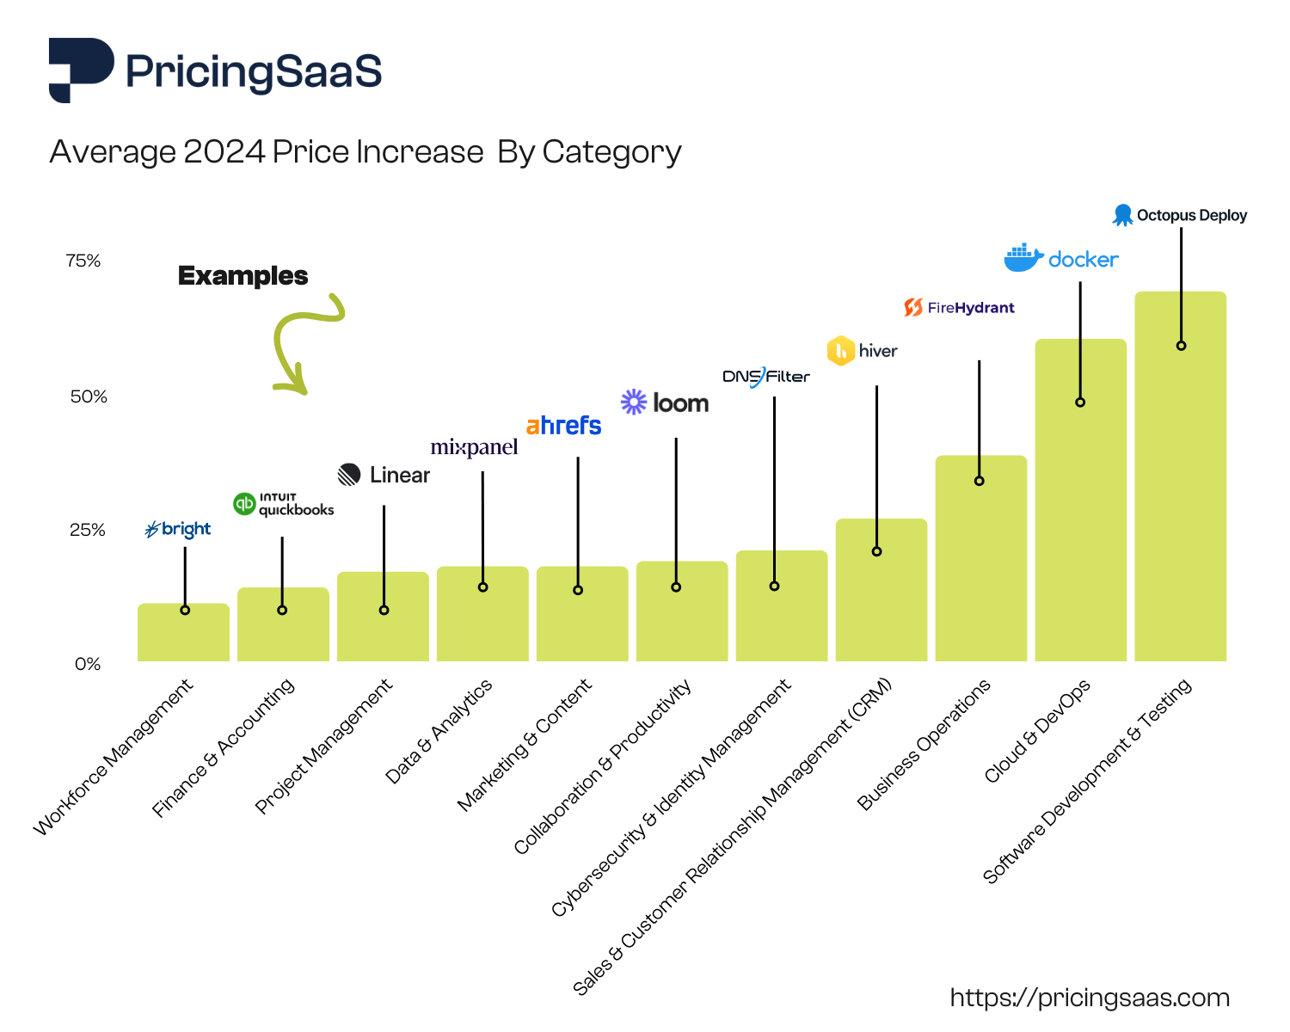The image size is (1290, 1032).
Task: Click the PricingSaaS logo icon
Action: coord(81,70)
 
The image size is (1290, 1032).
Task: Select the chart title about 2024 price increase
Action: coord(365,152)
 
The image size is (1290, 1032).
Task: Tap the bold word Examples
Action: coord(243,276)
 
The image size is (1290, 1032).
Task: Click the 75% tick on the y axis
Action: coord(83,261)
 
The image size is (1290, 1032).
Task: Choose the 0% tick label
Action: coord(87,664)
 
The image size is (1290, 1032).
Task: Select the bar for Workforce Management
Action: coord(183,633)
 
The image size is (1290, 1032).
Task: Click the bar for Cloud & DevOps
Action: coord(1080,516)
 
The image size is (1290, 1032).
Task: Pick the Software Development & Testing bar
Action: coord(1180,499)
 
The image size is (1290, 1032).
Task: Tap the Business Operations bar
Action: coord(980,568)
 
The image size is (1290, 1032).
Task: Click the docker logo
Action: coord(1061,258)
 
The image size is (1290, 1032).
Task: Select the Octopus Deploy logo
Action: coord(1180,215)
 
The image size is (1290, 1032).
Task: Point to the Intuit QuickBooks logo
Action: coord(283,504)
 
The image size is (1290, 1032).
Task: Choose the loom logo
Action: coord(665,402)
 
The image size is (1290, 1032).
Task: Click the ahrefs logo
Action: coord(563,426)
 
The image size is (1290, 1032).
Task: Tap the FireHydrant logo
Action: coord(959,308)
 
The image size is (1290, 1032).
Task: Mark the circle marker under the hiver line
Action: coord(876,551)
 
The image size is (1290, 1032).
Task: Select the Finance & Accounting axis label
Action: coord(224,746)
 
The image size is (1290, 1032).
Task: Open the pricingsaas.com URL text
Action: coord(1090,998)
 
